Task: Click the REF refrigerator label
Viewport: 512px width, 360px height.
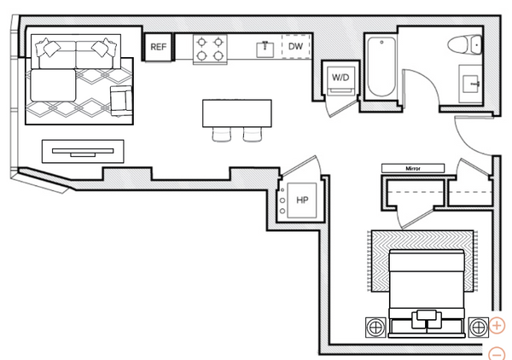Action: click(x=159, y=47)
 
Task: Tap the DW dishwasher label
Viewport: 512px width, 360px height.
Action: click(x=295, y=46)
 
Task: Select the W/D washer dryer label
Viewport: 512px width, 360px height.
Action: click(x=340, y=78)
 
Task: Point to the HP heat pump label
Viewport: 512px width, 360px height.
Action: click(x=302, y=200)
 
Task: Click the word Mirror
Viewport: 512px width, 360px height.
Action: click(x=413, y=168)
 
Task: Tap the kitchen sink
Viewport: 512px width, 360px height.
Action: click(x=265, y=49)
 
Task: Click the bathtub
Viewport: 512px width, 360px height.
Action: click(x=381, y=67)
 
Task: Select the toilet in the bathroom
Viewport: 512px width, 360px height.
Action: click(x=465, y=44)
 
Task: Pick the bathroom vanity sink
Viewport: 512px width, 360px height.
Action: click(x=470, y=84)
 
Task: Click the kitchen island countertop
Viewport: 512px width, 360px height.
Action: click(x=237, y=113)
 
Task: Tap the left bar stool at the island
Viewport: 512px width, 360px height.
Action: click(x=222, y=135)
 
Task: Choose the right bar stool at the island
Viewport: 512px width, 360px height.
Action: click(x=253, y=135)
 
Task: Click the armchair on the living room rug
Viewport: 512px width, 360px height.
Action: click(x=121, y=101)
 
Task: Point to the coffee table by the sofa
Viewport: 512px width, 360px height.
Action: click(x=53, y=85)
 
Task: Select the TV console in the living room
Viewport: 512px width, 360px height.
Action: click(x=83, y=151)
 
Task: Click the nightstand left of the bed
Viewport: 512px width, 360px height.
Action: click(x=375, y=327)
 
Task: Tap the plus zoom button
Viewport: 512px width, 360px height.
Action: click(x=497, y=325)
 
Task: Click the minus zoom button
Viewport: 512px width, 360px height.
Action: click(x=497, y=354)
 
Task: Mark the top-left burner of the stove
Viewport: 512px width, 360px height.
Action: click(x=202, y=42)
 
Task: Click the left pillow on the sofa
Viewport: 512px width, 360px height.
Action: click(x=49, y=48)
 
